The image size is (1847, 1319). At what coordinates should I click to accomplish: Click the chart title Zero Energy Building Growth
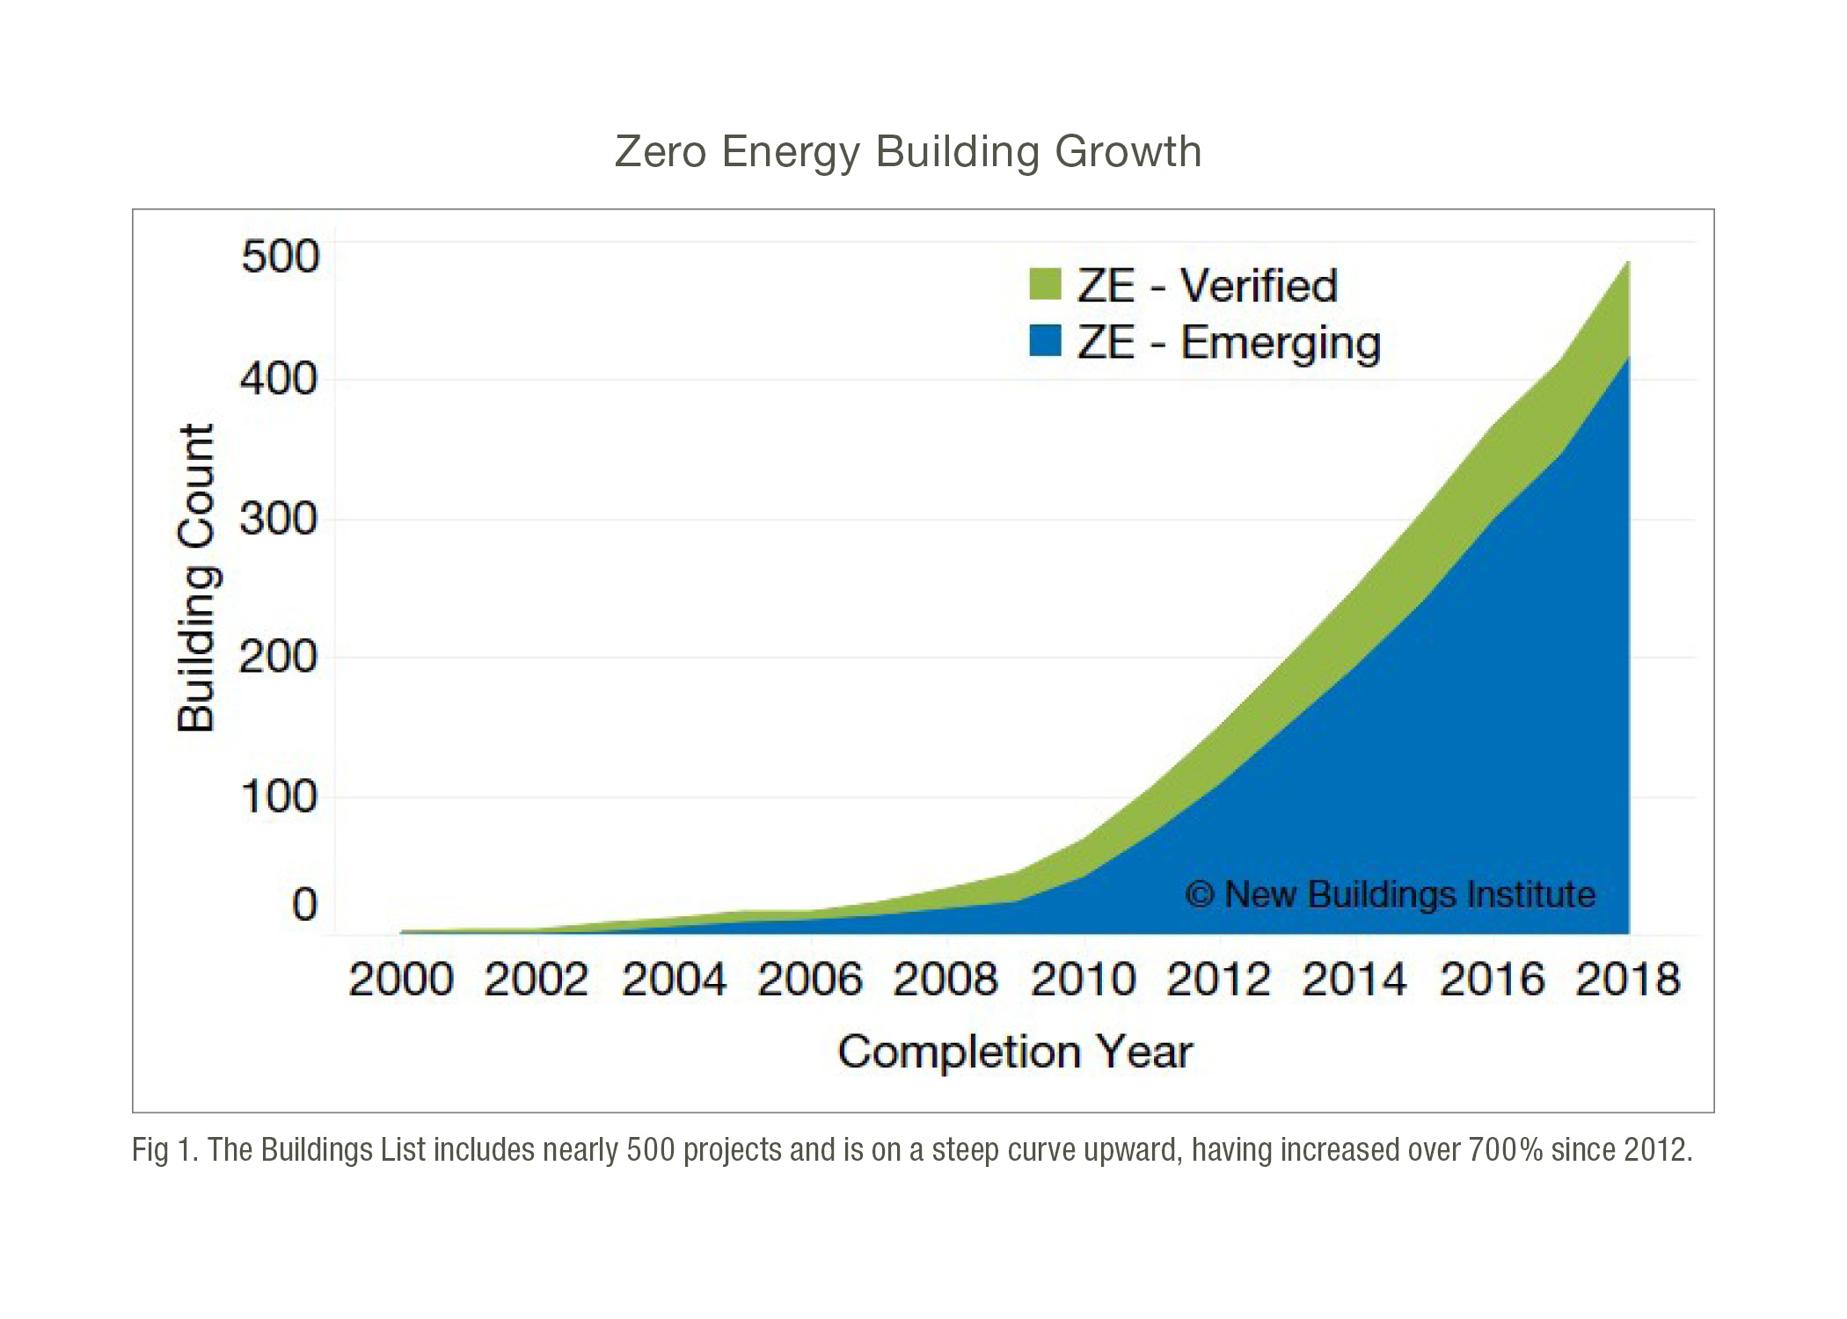point(908,151)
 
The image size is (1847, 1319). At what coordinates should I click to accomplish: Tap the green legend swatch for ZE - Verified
point(1045,285)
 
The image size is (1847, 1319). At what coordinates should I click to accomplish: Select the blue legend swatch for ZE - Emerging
point(1045,341)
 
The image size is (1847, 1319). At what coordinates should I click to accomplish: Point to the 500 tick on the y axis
point(280,257)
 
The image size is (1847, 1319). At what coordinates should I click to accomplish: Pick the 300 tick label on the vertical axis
point(279,519)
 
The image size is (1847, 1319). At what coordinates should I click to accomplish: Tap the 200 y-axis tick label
point(279,657)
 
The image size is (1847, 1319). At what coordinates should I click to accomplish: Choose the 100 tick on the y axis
point(279,797)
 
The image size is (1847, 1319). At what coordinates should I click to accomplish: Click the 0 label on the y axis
point(304,905)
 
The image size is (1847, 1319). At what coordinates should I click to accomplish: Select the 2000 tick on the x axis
point(401,980)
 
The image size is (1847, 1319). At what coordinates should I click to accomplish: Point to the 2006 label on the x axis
point(810,980)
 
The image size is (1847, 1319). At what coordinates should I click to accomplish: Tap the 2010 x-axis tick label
point(1083,980)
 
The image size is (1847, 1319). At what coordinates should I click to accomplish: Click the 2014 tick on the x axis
point(1354,980)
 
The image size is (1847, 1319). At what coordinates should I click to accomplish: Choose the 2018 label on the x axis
point(1628,980)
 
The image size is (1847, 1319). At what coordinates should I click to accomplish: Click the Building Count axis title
point(196,578)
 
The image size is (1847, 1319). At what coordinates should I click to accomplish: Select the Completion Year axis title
point(1015,1052)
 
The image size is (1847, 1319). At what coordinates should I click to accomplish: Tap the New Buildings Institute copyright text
point(1390,894)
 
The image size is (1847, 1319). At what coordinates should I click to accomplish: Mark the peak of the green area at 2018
point(1628,263)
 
